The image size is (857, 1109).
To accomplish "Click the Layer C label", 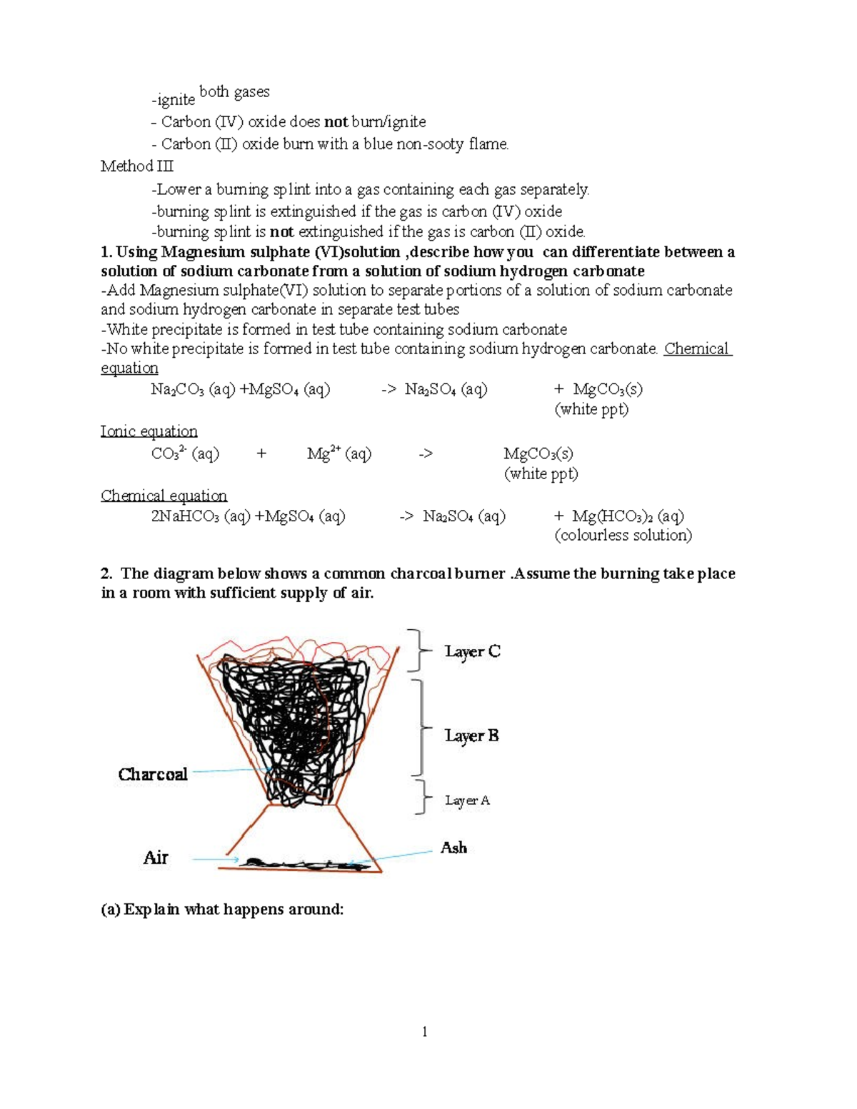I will click(472, 651).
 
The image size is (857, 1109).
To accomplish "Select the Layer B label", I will click(471, 736).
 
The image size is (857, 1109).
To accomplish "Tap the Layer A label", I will click(467, 801).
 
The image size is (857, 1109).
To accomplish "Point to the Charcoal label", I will click(153, 774).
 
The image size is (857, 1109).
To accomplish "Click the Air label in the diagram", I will click(156, 858).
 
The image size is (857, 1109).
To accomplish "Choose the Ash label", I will click(453, 848).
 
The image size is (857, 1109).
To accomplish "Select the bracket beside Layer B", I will click(422, 728).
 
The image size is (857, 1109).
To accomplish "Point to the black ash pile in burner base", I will click(300, 864).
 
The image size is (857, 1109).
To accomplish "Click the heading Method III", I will click(137, 166).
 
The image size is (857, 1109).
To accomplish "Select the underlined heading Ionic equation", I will click(149, 431).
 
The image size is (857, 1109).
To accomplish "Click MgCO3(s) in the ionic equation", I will click(538, 454).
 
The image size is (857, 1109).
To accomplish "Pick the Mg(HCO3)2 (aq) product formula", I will click(628, 516).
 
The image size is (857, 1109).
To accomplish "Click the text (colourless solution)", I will click(623, 536).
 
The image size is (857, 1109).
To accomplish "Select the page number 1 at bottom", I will click(425, 1031).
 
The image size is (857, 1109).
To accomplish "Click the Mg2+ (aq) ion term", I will click(339, 454).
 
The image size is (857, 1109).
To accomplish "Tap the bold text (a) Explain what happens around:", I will click(222, 909).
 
